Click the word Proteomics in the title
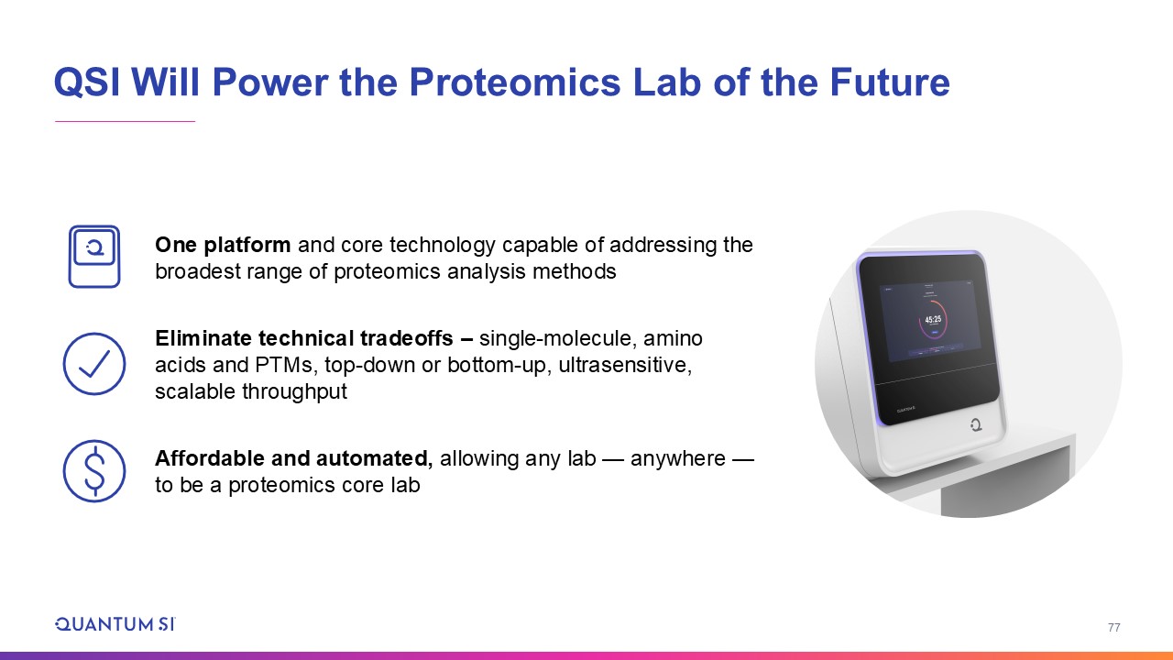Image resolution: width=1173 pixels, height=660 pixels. point(514,82)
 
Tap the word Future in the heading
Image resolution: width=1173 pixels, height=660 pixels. point(890,82)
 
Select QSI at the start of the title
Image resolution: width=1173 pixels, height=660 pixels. point(87,82)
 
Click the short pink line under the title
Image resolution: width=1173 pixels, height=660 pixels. point(126,122)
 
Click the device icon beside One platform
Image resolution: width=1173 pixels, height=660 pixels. point(94,257)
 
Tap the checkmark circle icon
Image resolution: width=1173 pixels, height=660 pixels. point(94,364)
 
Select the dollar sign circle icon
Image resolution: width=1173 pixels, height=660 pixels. point(94,471)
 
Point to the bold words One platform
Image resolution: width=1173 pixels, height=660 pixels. point(223,245)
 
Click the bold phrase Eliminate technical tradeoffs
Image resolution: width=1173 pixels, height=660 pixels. point(303,338)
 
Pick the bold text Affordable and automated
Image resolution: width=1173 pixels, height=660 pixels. point(294,458)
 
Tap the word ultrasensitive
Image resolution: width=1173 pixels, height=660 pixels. point(625,365)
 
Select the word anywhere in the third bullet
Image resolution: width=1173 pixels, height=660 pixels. point(677,458)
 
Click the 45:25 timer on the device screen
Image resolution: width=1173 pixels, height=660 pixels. point(933,319)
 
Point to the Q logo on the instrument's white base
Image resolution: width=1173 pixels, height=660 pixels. point(976,424)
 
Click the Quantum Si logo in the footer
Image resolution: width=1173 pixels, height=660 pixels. point(115,624)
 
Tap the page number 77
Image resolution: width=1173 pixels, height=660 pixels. point(1113,628)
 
